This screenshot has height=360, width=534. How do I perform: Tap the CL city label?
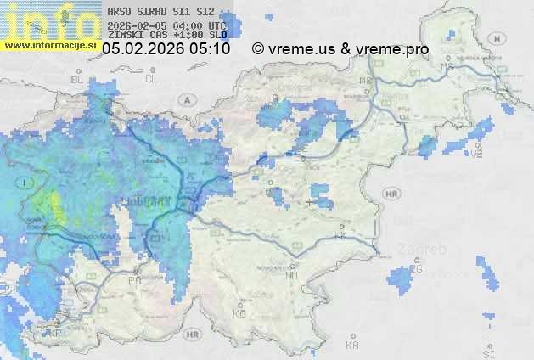152,78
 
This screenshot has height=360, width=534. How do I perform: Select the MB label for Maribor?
366,81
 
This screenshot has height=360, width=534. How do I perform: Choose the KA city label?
352,345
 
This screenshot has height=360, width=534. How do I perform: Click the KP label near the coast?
56,333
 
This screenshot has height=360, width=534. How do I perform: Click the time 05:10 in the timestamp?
210,49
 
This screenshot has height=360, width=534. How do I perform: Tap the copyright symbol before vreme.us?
258,49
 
